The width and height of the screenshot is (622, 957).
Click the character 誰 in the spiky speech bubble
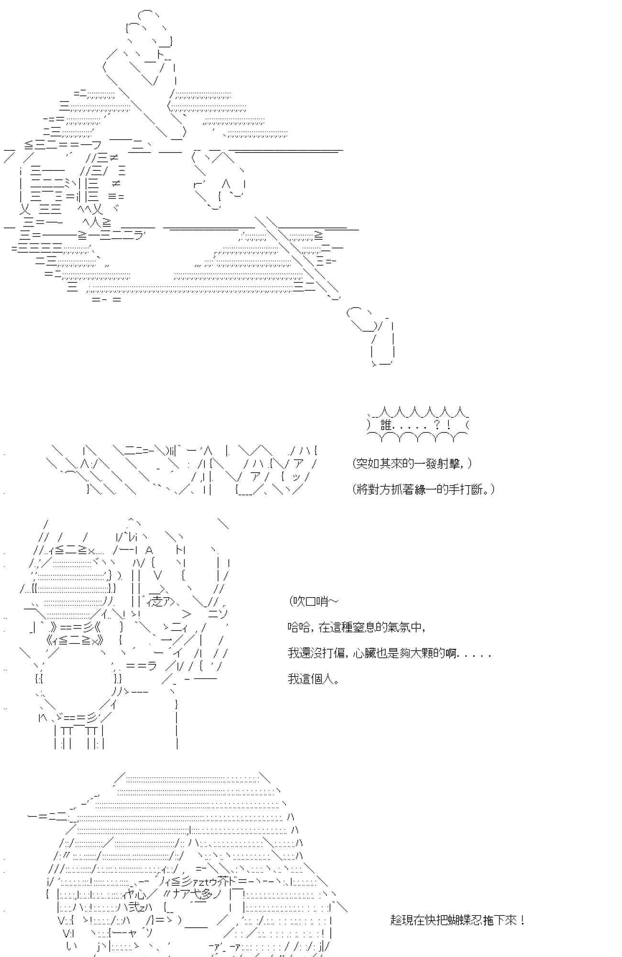coord(386,424)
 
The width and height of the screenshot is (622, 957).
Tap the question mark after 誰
coord(436,424)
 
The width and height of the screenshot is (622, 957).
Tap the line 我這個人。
coord(314,679)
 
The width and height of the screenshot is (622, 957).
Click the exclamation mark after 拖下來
coord(522,920)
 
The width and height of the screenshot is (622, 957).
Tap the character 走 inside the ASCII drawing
coord(155,601)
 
